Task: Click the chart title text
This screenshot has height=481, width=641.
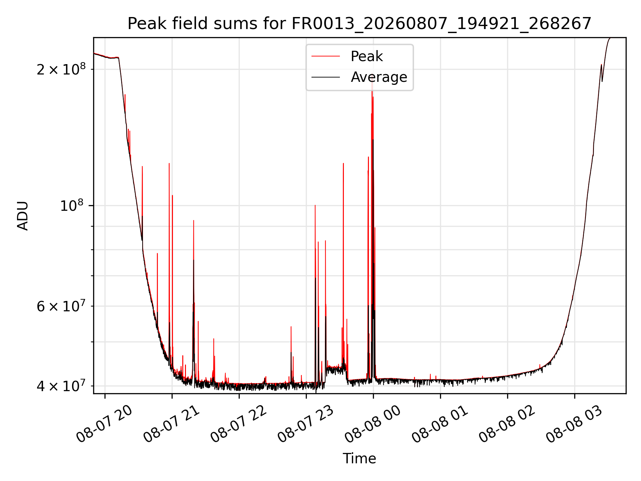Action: tap(359, 24)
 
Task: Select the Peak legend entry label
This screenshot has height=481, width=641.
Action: tap(367, 56)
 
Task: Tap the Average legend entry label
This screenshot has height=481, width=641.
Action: tap(379, 77)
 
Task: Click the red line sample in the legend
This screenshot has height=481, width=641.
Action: tap(326, 56)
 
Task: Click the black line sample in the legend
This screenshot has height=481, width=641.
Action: tap(326, 77)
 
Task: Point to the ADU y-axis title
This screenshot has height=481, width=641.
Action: tap(23, 216)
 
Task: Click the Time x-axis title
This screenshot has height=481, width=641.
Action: tap(359, 459)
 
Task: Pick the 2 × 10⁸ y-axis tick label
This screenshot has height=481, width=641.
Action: tap(61, 69)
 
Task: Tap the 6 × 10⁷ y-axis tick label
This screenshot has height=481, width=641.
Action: tap(61, 306)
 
